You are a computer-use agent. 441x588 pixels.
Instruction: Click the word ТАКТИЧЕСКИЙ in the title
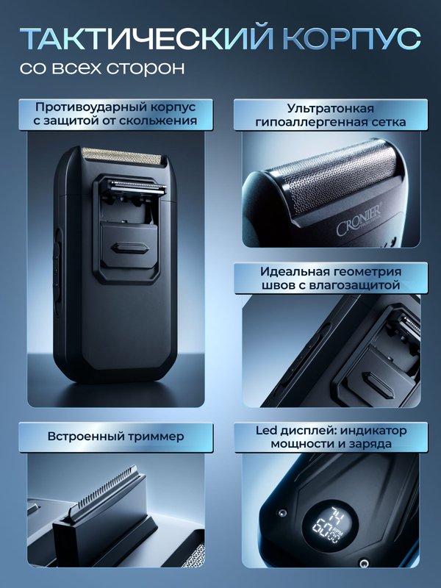click(x=146, y=38)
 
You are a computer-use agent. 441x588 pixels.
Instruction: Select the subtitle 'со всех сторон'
click(x=102, y=68)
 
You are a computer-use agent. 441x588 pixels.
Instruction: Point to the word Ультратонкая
click(x=330, y=108)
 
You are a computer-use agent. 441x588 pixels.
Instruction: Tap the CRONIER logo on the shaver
click(x=359, y=221)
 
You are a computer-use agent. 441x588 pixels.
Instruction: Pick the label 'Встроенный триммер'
click(x=116, y=437)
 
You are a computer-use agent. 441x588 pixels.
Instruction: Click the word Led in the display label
click(x=265, y=430)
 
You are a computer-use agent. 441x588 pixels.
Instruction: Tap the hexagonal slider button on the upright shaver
click(x=128, y=248)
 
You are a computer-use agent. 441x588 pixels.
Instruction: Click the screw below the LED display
click(x=363, y=564)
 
